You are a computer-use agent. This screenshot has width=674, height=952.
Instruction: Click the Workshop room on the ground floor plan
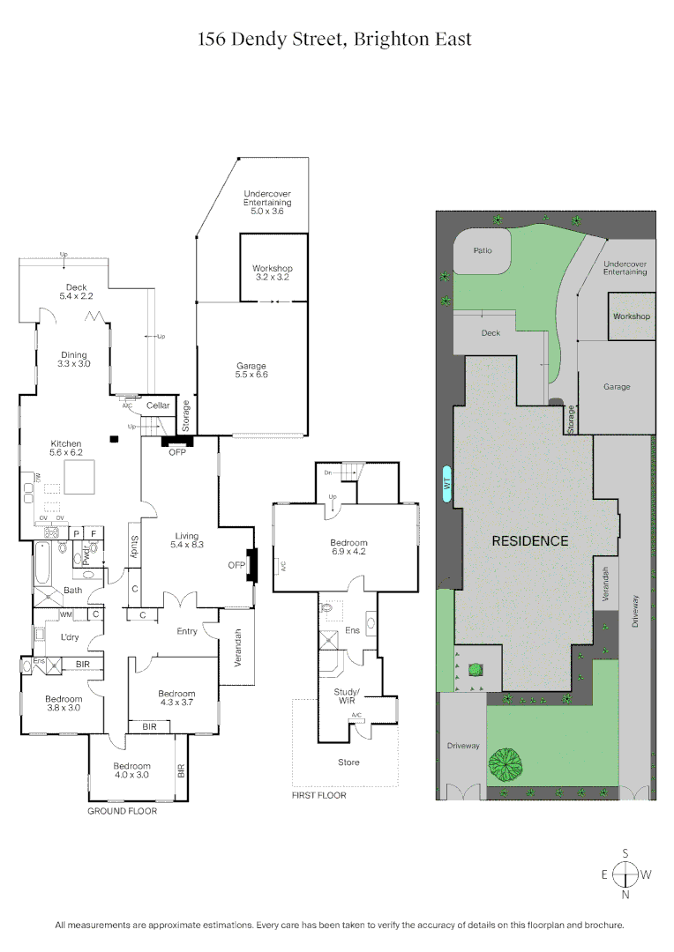pyautogui.click(x=272, y=272)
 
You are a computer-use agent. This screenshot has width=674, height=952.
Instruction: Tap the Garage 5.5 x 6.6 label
pyautogui.click(x=251, y=370)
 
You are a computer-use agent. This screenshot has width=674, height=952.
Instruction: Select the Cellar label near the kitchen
pyautogui.click(x=158, y=405)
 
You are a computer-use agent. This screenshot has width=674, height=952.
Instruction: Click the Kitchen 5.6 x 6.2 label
pyautogui.click(x=66, y=449)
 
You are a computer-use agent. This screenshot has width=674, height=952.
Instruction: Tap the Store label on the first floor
pyautogui.click(x=348, y=762)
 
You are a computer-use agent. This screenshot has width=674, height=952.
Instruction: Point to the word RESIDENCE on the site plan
pyautogui.click(x=529, y=541)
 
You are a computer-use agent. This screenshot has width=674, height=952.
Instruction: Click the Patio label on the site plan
pyautogui.click(x=482, y=250)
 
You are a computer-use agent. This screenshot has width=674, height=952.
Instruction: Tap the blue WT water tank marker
pyautogui.click(x=446, y=483)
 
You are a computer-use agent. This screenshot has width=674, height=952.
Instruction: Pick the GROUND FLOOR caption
pyautogui.click(x=122, y=811)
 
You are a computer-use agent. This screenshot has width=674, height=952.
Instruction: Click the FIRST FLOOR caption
pyautogui.click(x=318, y=795)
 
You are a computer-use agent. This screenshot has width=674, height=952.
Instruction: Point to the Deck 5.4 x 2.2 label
pyautogui.click(x=75, y=291)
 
